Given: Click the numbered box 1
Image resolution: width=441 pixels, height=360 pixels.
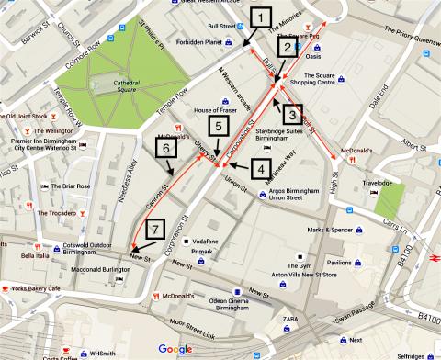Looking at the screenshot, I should coord(263,17).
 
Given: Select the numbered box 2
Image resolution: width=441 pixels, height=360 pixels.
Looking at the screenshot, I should coord(288,47).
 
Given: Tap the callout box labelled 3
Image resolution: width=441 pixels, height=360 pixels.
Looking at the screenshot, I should coord(289,116).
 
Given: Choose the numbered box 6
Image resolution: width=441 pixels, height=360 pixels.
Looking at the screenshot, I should coord(166,147).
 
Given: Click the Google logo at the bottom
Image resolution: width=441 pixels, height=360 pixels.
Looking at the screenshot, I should coord(175,348).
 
